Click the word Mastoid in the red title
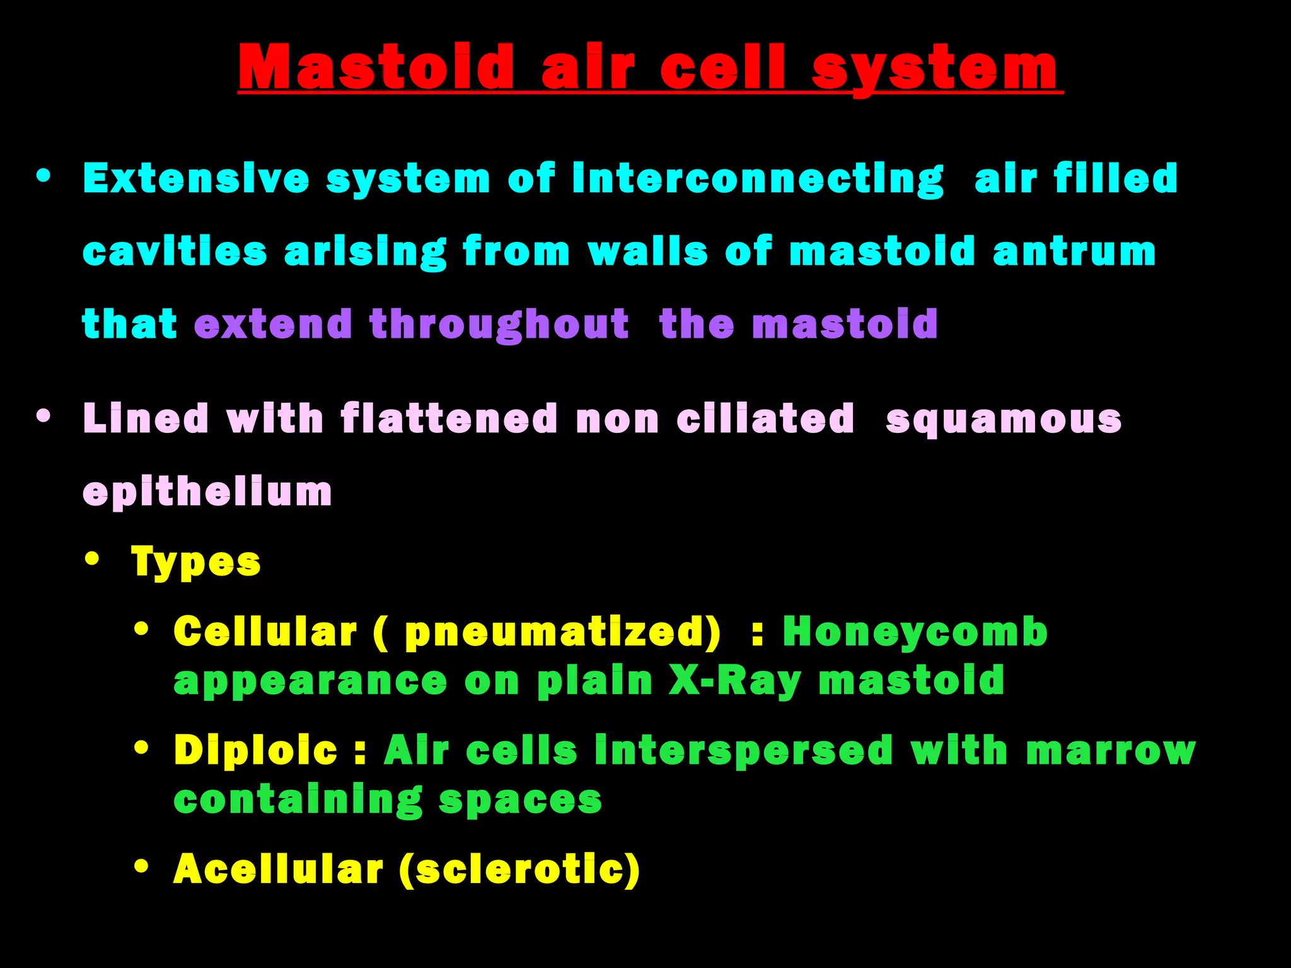[376, 68]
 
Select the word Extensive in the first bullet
[196, 178]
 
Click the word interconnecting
[758, 178]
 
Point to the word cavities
[175, 251]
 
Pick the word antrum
[1074, 251]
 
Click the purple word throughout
[499, 324]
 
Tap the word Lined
[146, 418]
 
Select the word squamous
[1004, 420]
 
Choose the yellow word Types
[195, 562]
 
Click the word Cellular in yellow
[265, 631]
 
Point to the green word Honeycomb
[915, 631]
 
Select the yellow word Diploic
[256, 751]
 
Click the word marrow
[1110, 751]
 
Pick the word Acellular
[278, 869]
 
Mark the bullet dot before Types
[93, 558]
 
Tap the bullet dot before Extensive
[43, 176]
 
